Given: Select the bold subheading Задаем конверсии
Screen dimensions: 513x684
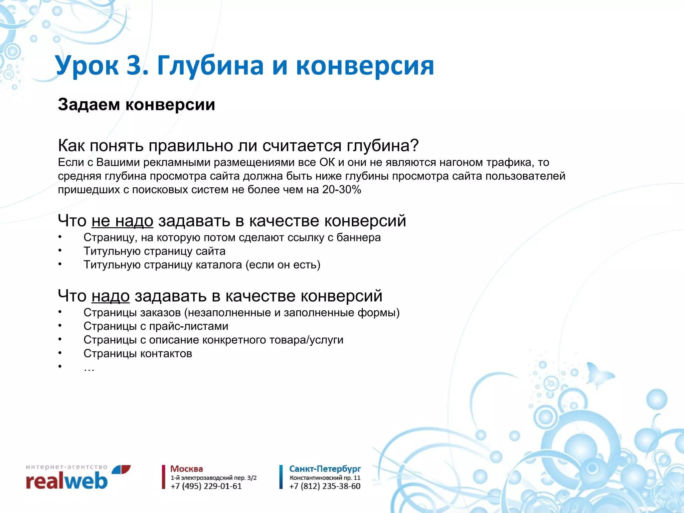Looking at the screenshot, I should pyautogui.click(x=136, y=105).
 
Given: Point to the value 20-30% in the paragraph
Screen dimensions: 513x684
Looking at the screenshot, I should pyautogui.click(x=342, y=190).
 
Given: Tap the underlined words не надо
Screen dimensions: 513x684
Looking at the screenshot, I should pyautogui.click(x=122, y=221).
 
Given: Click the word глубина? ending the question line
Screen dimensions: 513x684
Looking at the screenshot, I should pyautogui.click(x=382, y=145).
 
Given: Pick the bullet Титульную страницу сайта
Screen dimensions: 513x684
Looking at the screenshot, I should pyautogui.click(x=154, y=251).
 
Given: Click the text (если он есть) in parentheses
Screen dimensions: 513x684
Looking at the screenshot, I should pyautogui.click(x=283, y=265).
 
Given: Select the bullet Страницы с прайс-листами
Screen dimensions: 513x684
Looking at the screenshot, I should pyautogui.click(x=156, y=326).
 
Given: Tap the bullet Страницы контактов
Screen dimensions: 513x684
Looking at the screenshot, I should pyautogui.click(x=138, y=354).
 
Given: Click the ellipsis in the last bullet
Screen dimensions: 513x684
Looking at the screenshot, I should pyautogui.click(x=89, y=368).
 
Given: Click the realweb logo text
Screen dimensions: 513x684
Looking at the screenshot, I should pyautogui.click(x=66, y=481).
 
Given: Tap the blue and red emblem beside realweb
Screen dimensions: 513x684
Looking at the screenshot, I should pyautogui.click(x=121, y=469).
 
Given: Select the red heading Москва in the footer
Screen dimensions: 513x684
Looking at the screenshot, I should pyautogui.click(x=186, y=469).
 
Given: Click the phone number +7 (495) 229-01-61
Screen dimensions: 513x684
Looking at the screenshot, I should pyautogui.click(x=206, y=486).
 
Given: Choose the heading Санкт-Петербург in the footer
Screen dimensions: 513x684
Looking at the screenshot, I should pyautogui.click(x=325, y=469).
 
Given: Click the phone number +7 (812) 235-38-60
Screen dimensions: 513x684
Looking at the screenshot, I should pyautogui.click(x=325, y=486).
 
